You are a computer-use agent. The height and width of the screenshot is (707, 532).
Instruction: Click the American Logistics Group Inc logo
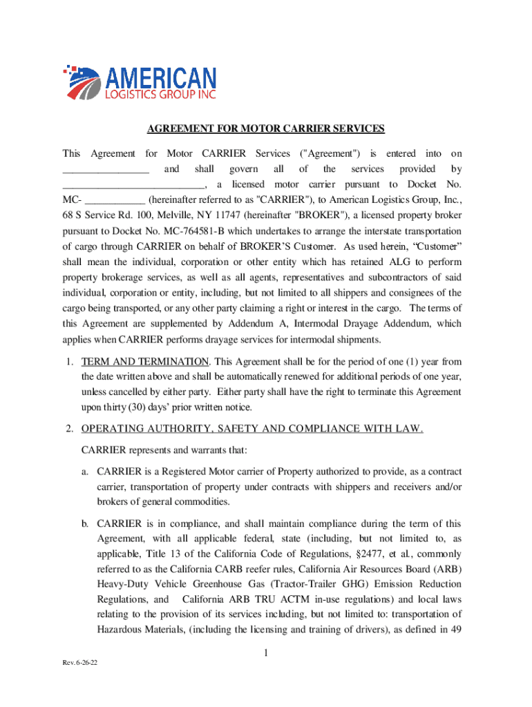pyautogui.click(x=141, y=82)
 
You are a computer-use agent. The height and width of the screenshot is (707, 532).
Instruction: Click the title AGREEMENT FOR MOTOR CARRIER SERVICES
pyautogui.click(x=265, y=129)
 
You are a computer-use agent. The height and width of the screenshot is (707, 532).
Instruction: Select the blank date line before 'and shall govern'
pyautogui.click(x=106, y=170)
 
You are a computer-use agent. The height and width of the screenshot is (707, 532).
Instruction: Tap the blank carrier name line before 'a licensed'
pyautogui.click(x=133, y=185)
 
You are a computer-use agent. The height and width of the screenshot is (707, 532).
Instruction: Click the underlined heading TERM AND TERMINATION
pyautogui.click(x=144, y=362)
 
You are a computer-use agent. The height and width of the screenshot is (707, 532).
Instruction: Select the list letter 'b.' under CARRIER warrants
pyautogui.click(x=86, y=523)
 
